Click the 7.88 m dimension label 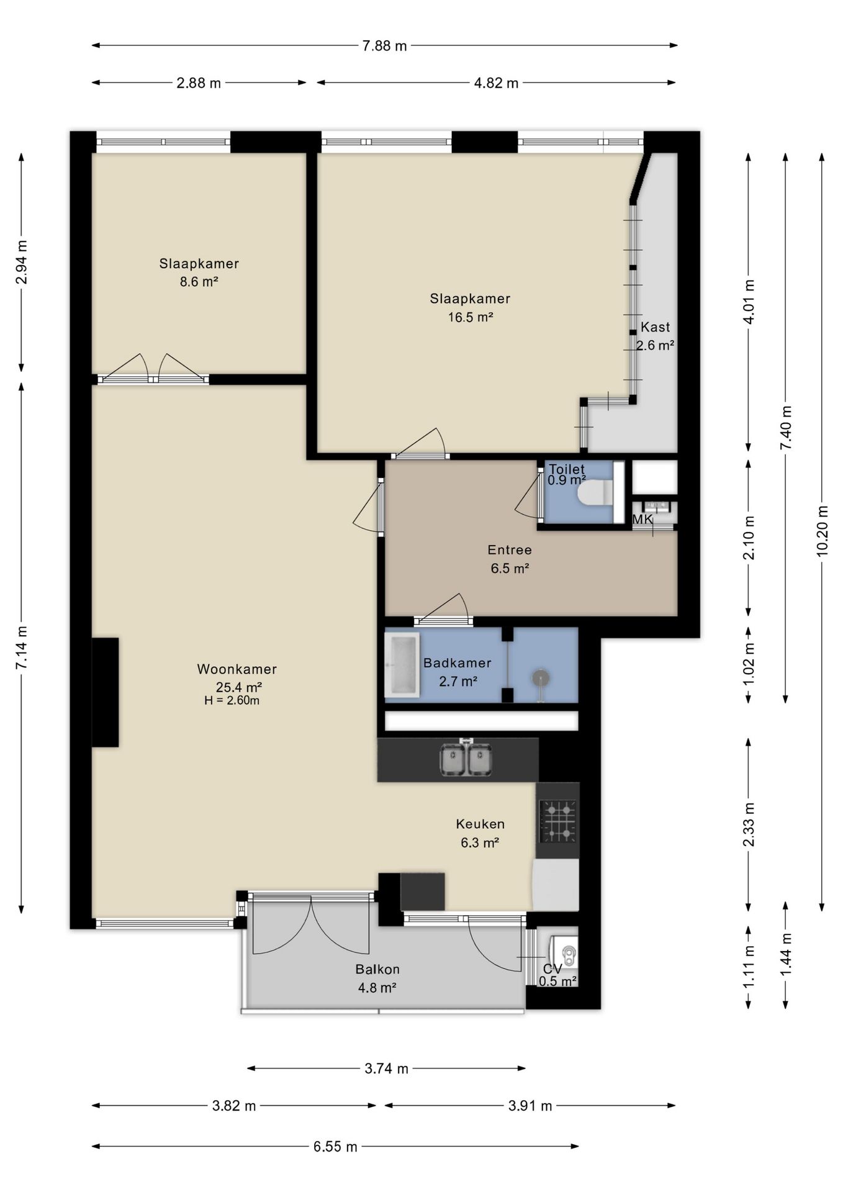coord(384,46)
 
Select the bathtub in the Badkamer coord(402,664)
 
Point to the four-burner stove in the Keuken coord(557,821)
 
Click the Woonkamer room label coord(237,669)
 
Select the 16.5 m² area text coord(471,317)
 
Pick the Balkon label coord(377,969)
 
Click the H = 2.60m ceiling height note coord(232,701)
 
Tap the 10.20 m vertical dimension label coord(823,531)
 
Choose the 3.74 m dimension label coord(386,1068)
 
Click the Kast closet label coord(656,327)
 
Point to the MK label coord(642,519)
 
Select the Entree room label coord(510,550)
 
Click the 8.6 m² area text coord(199,282)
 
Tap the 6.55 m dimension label coord(335,1147)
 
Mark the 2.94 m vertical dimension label coord(22,262)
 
